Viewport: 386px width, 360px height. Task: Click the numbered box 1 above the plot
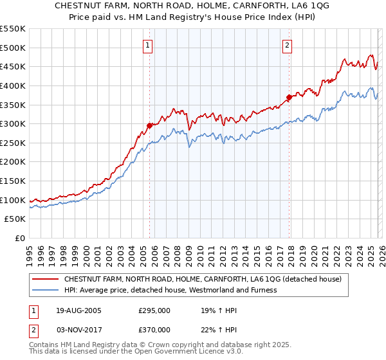[x=149, y=45]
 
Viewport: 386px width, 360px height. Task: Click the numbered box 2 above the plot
[x=287, y=45]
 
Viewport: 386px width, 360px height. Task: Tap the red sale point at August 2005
[x=150, y=125]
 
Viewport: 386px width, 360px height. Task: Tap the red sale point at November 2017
[x=289, y=97]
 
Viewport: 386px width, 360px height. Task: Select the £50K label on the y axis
[x=15, y=219]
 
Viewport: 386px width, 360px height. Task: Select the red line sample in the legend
[x=46, y=280]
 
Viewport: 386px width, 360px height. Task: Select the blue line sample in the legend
[x=46, y=291]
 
